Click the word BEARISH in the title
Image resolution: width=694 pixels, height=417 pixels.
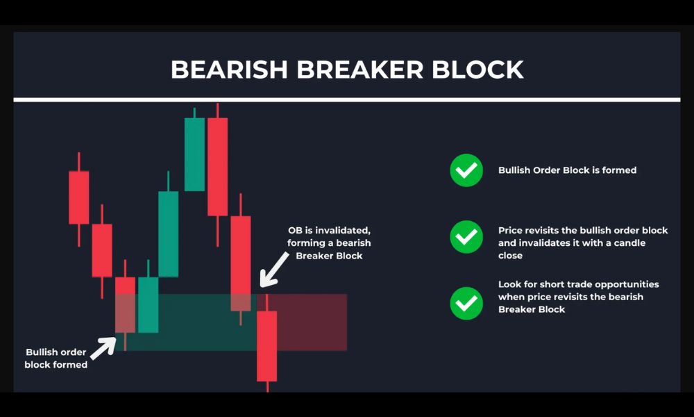pos(229,69)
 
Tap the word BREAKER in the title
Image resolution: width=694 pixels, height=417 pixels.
pos(359,69)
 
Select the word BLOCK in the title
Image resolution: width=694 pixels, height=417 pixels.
pos(477,69)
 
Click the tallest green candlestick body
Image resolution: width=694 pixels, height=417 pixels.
pos(194,154)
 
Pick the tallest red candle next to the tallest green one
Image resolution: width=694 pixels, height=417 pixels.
pos(217,167)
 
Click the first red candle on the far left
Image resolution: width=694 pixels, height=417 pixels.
pos(79,197)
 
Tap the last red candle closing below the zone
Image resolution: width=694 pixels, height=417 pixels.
pos(267,345)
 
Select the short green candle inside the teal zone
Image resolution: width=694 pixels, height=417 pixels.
pos(149,304)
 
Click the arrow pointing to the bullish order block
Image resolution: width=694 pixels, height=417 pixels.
pos(103,348)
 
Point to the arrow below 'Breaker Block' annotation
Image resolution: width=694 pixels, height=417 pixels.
pos(274,270)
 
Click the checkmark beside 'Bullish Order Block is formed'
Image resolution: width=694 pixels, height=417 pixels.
pos(466,170)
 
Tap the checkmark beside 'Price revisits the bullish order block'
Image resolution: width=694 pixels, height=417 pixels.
pos(466,237)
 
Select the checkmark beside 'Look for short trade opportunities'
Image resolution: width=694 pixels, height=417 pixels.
pos(466,303)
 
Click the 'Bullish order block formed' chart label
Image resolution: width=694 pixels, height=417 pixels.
pos(56,358)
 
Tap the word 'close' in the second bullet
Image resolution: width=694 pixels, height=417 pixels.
pos(510,255)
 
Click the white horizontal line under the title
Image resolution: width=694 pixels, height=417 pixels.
pos(347,99)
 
